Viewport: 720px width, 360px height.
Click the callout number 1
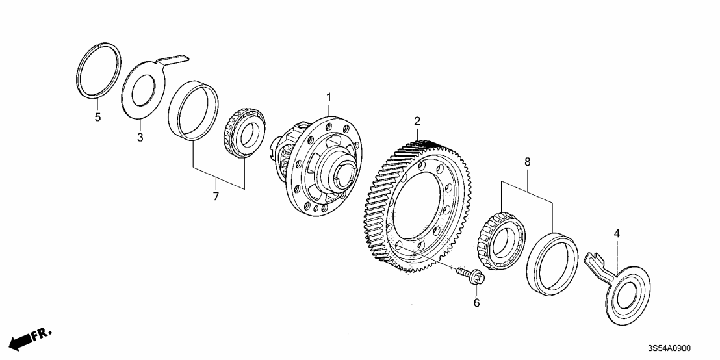click(x=329, y=97)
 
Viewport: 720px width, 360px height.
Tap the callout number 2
click(x=417, y=121)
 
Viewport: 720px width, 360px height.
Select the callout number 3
click(x=139, y=137)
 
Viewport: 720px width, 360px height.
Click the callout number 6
click(x=476, y=302)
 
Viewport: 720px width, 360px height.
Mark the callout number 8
click(x=527, y=160)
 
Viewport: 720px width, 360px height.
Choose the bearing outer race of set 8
click(x=552, y=264)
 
